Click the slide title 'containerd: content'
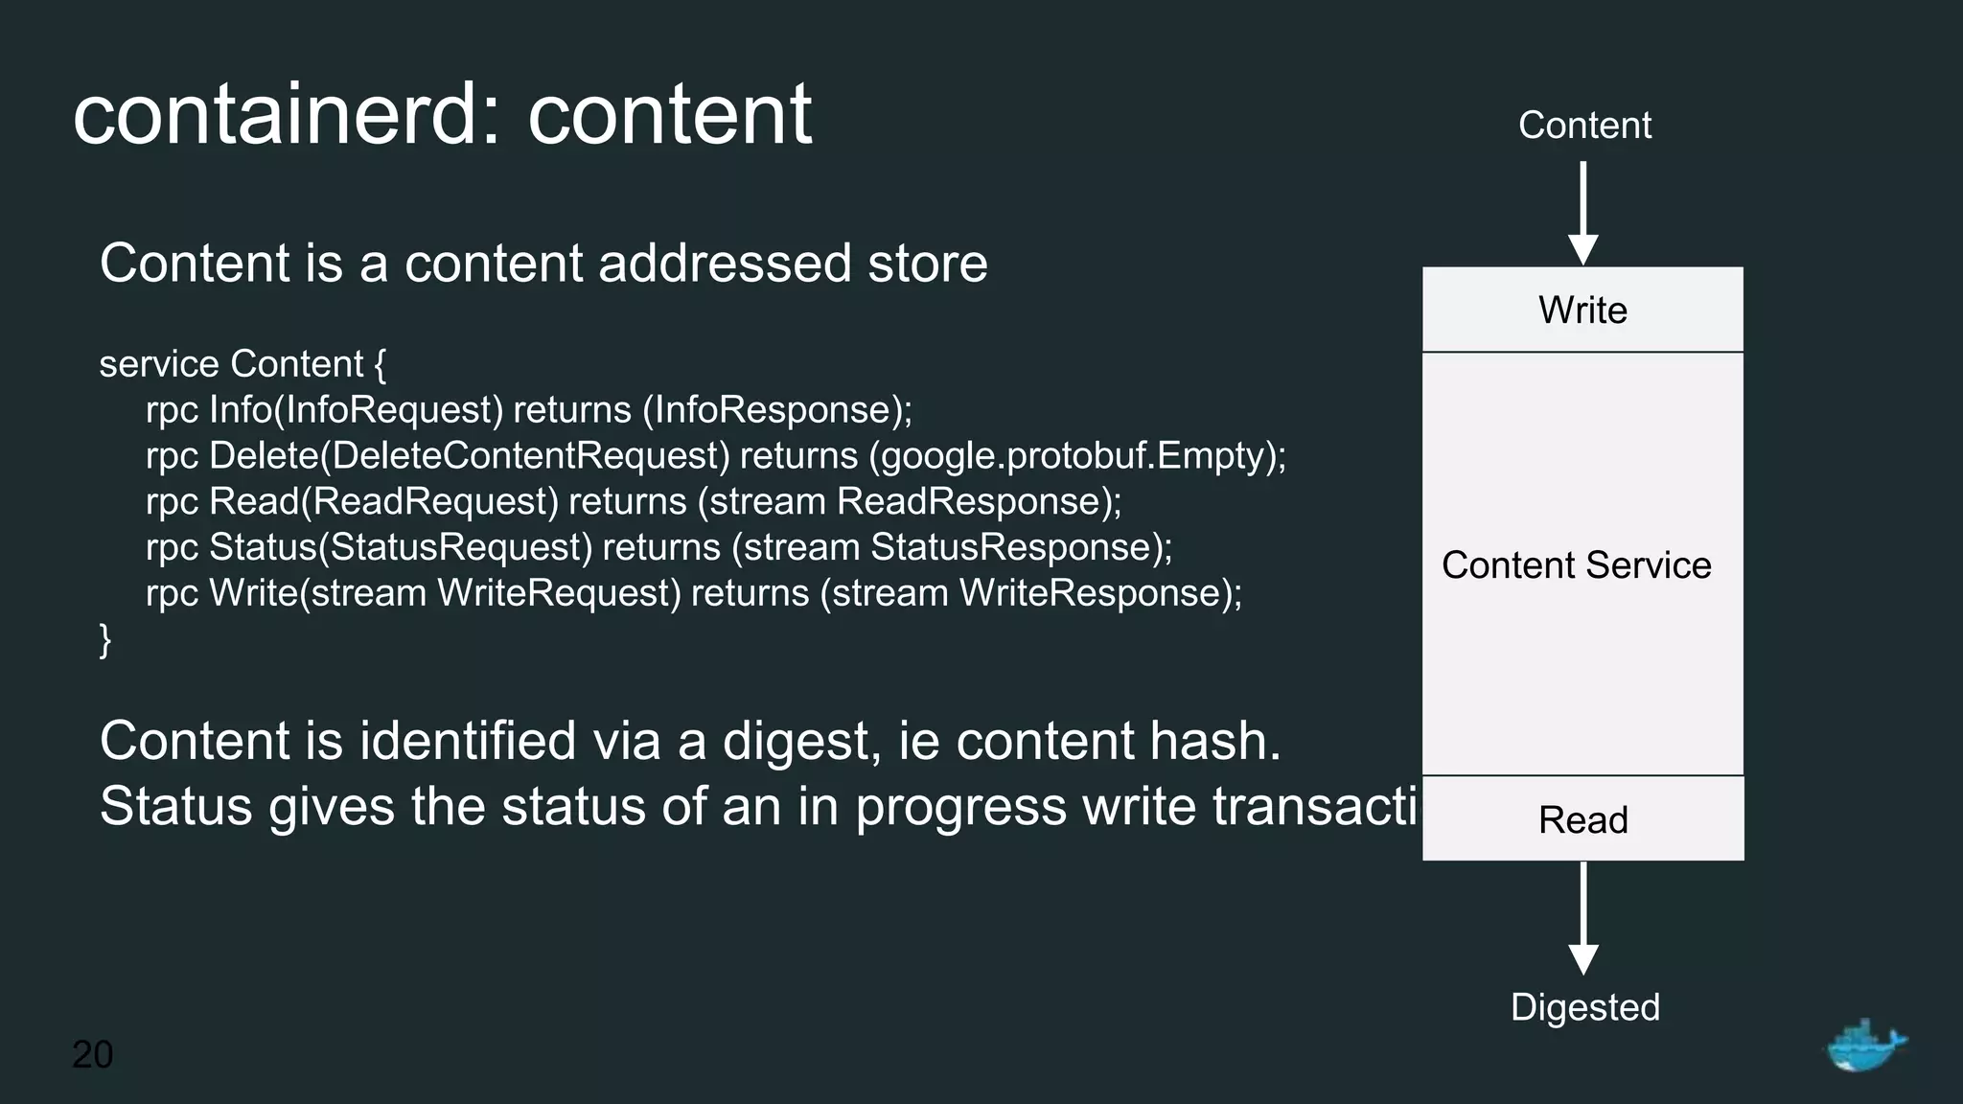pos(442,114)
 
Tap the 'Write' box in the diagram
pos(1582,310)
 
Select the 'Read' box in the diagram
pos(1582,819)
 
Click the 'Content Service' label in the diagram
pos(1576,565)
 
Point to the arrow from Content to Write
pos(1582,212)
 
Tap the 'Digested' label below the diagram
pos(1584,1007)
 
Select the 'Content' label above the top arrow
pos(1584,126)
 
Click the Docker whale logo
pos(1864,1046)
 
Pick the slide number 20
pos(93,1054)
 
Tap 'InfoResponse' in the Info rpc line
pos(773,410)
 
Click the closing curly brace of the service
pos(105,639)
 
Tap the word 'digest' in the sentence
pos(800,742)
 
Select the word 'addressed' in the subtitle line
pos(725,264)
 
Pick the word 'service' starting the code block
pos(159,364)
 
